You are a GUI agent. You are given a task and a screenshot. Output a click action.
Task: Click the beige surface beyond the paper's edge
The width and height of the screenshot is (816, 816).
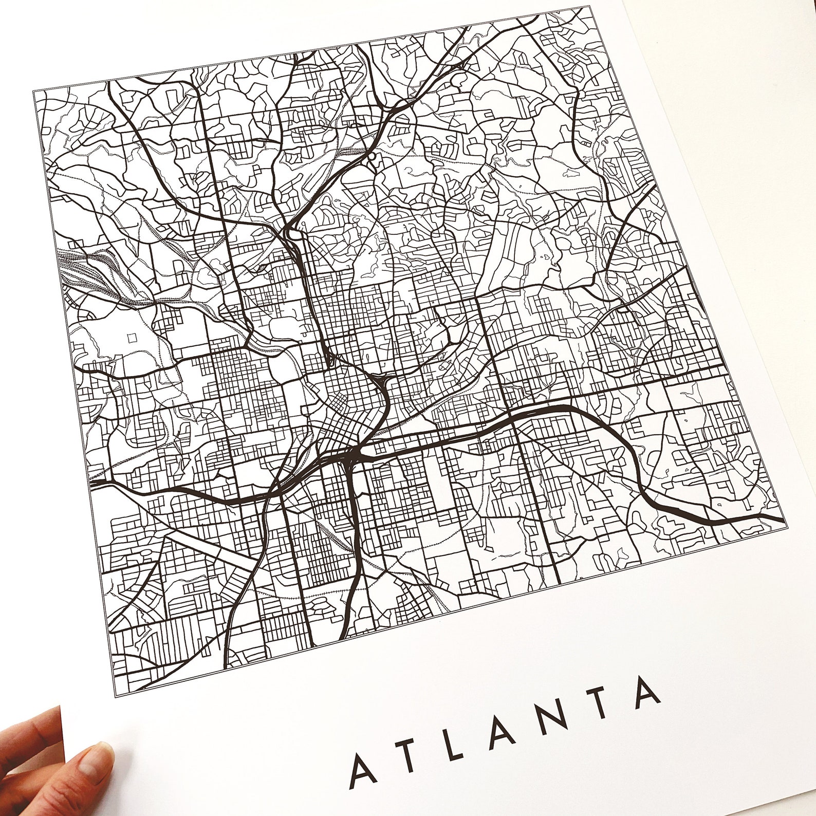(745, 103)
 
